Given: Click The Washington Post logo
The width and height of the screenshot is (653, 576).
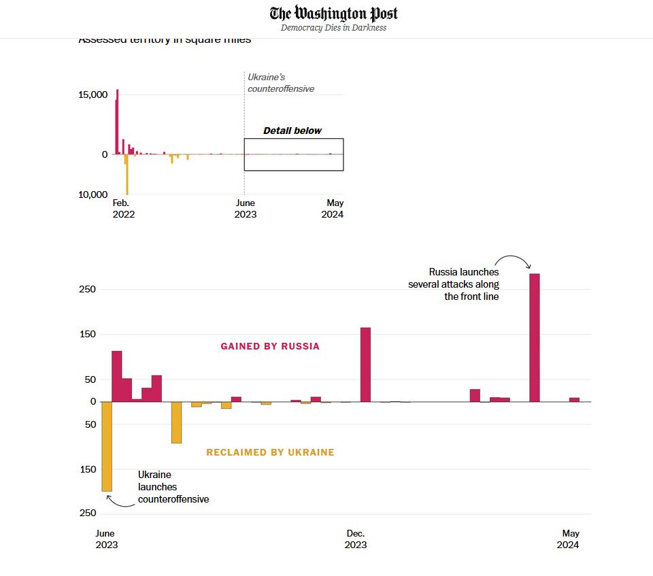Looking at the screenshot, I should point(333,14).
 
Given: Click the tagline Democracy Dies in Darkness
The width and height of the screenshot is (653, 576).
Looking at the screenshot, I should point(333,28).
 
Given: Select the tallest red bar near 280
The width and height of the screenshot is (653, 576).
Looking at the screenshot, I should point(534,337).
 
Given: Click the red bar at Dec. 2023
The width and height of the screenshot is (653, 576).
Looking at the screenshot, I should point(365,365).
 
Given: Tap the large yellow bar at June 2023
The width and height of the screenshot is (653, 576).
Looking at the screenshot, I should point(107,446).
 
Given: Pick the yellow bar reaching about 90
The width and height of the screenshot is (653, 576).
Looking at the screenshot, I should point(176,422).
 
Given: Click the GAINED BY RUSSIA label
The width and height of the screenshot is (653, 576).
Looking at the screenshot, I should point(270,346).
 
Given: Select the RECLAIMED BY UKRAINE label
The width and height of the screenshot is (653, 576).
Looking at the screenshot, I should point(270,452).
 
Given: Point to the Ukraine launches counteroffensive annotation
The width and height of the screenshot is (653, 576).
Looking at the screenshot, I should point(173,487).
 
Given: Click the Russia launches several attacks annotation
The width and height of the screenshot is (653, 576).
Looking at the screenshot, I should point(454,284).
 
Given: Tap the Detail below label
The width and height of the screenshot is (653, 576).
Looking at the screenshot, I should point(292,131).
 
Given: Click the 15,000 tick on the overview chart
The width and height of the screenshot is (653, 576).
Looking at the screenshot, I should point(93,95).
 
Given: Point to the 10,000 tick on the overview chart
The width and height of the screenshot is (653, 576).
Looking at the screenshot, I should point(93,195).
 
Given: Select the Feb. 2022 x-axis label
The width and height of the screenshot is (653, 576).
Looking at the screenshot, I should point(122,208).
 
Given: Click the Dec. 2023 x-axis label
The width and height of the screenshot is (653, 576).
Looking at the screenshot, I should point(356,539).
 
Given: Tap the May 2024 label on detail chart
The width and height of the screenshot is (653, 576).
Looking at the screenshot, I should point(569,539).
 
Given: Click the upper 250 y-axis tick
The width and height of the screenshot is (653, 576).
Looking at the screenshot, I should point(88,290).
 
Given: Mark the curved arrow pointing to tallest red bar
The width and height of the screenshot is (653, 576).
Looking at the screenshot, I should point(512,260).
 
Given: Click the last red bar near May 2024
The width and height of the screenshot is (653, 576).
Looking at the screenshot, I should point(574,399).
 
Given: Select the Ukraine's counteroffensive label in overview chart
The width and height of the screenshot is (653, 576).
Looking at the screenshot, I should point(280,83).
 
